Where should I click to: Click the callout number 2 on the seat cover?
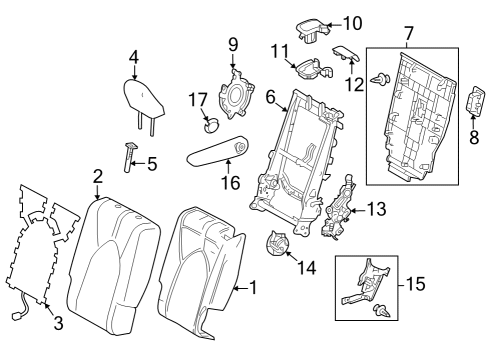(98, 177)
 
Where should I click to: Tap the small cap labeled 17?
(211, 125)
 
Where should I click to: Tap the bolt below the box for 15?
(381, 312)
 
